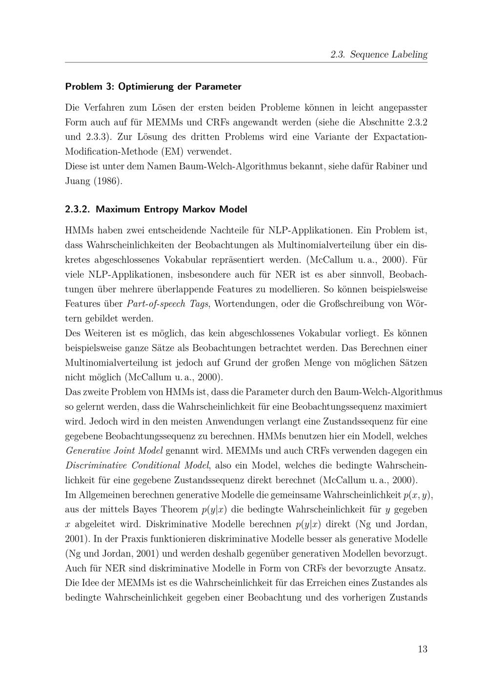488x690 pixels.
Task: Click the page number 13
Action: (422, 649)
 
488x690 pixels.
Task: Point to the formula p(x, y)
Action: (417, 495)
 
